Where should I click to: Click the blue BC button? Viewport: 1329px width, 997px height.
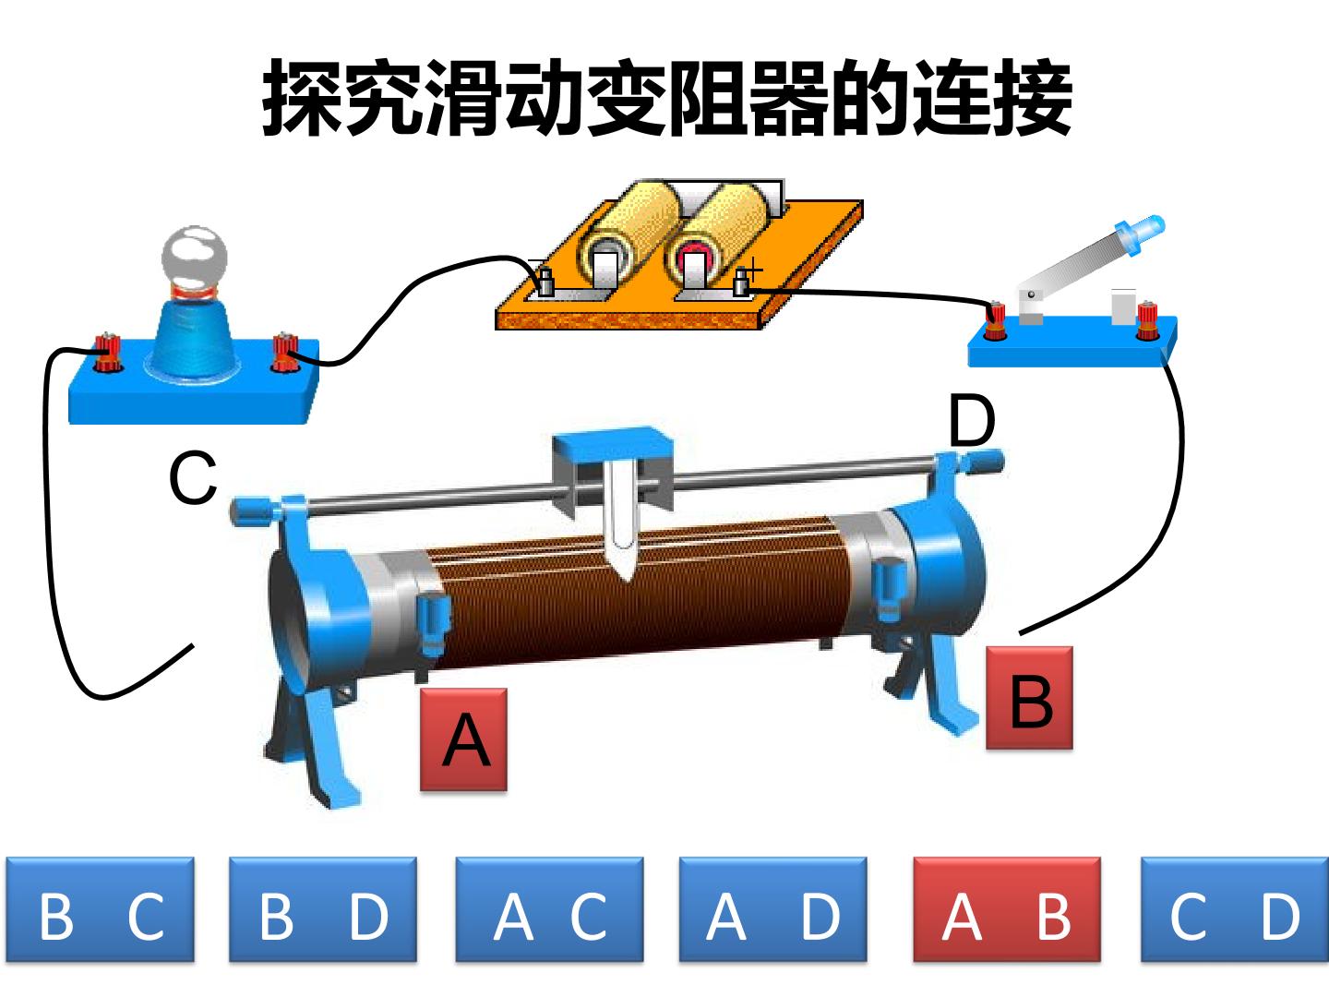(x=101, y=909)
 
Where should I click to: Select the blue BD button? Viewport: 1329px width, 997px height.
(x=323, y=909)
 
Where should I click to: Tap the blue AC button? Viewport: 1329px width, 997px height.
(x=549, y=909)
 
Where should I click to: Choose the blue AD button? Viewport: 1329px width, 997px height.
(x=772, y=909)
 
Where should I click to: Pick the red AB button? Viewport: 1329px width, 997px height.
(x=1007, y=909)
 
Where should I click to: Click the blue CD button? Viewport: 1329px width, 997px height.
(x=1235, y=909)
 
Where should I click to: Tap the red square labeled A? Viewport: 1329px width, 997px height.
(x=464, y=739)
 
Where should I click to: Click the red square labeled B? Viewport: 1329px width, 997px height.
(x=1029, y=698)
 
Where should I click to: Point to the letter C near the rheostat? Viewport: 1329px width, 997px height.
(x=193, y=477)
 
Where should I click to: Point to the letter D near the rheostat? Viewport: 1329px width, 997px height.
(x=972, y=420)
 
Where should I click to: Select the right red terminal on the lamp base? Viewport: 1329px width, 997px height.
(x=284, y=352)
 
